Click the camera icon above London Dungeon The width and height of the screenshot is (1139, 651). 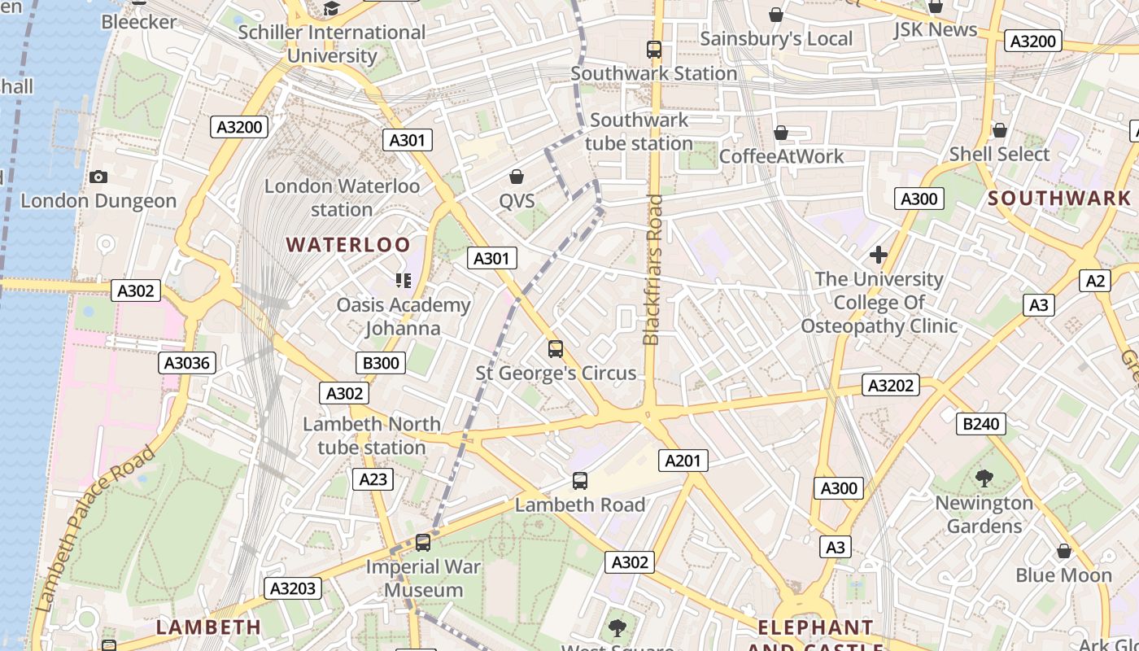click(x=98, y=177)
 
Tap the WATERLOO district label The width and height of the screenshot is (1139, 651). click(x=348, y=245)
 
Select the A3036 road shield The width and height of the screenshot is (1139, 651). click(x=188, y=363)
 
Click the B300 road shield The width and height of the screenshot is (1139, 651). click(x=380, y=363)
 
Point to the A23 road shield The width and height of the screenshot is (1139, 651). click(x=373, y=479)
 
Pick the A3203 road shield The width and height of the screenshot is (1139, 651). click(x=293, y=588)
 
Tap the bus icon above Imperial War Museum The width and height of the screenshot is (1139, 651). click(x=422, y=542)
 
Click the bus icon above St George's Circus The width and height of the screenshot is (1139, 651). click(x=556, y=349)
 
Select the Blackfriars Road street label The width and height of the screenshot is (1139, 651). click(x=652, y=269)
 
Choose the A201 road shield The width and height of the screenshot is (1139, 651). click(x=683, y=461)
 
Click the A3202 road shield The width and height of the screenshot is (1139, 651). click(x=891, y=385)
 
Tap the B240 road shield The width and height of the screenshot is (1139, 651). click(x=981, y=423)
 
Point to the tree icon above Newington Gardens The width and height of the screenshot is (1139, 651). click(x=984, y=478)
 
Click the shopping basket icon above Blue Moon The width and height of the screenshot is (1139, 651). click(x=1063, y=551)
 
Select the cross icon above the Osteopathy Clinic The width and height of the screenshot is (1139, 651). click(x=878, y=255)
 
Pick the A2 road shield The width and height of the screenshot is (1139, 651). click(x=1096, y=281)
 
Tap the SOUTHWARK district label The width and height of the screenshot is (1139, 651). click(x=1059, y=198)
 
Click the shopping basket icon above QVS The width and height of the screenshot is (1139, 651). click(x=516, y=176)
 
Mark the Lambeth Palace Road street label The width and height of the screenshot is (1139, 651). click(x=96, y=529)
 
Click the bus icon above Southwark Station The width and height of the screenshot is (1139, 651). click(x=654, y=50)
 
